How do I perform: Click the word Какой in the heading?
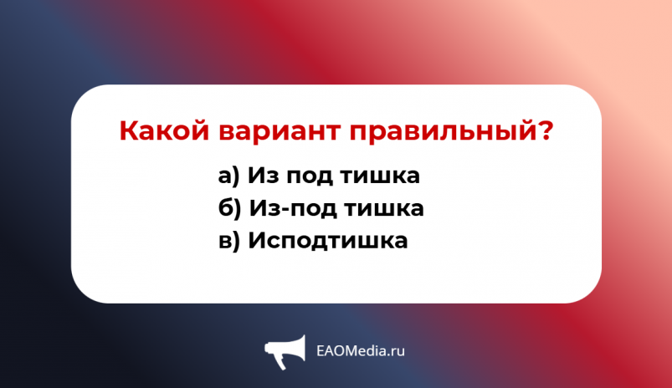click(x=165, y=131)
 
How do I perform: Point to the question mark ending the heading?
click(x=545, y=131)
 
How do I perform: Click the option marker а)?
click(x=228, y=176)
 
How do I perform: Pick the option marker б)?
click(x=228, y=208)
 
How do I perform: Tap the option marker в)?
click(x=228, y=241)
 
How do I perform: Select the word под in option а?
click(x=310, y=177)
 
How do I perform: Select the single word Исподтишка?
click(x=328, y=241)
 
